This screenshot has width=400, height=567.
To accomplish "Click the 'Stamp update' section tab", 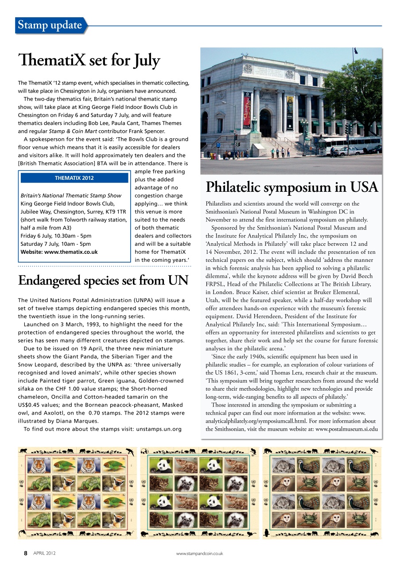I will click(x=50, y=25).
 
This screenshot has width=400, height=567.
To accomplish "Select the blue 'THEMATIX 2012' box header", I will click(x=74, y=178).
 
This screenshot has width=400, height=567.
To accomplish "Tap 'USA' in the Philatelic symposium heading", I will click(x=362, y=187).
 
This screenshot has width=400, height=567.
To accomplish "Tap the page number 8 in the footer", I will click(x=26, y=553).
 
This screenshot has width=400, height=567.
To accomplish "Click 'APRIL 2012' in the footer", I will click(x=44, y=553).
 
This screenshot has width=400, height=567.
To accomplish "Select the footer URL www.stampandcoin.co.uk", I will click(x=199, y=554).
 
